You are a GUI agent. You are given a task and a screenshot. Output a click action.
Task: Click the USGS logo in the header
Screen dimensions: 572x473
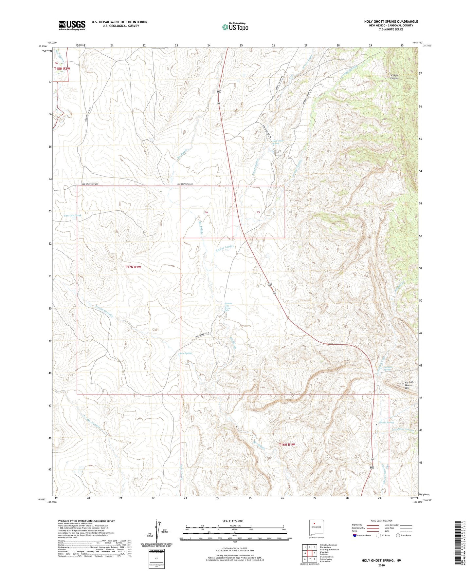pos(72,25)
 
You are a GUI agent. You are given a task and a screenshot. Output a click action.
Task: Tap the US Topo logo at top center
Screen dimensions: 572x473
pos(235,27)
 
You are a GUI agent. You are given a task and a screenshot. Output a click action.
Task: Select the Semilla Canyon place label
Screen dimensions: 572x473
pos(396,77)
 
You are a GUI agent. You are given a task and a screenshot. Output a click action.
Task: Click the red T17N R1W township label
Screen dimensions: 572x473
pos(133,267)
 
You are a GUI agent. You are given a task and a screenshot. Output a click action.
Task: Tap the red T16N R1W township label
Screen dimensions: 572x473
pos(287,445)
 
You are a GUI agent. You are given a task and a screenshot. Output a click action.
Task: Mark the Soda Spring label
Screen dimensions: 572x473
pos(185,353)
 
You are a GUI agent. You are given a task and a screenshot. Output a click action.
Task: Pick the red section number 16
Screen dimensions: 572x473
pos(206,212)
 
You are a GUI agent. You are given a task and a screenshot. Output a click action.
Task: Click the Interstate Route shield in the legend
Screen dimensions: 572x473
pos(355,535)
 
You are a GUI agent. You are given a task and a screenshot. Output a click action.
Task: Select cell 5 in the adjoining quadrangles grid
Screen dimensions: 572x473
pos(314,553)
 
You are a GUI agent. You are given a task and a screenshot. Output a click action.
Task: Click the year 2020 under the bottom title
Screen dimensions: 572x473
pos(381,565)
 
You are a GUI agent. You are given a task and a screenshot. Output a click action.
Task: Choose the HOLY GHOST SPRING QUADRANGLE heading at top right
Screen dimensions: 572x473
pos(391,22)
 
